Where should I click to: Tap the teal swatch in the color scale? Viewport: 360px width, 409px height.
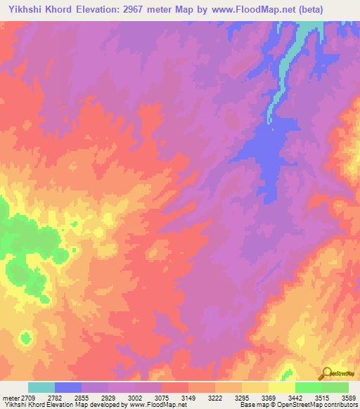41,387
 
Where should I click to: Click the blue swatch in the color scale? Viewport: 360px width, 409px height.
68,387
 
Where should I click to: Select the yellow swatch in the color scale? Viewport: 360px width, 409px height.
282,387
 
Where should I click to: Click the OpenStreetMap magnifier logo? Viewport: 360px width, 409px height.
326,374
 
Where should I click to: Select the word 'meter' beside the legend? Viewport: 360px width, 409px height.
11,398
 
